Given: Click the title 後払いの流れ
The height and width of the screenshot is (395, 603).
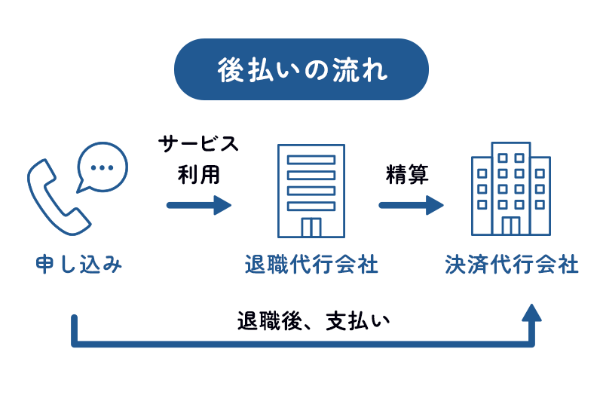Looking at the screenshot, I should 301,69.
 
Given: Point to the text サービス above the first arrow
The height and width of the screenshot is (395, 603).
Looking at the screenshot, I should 199,144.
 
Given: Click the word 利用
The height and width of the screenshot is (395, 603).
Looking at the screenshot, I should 199,175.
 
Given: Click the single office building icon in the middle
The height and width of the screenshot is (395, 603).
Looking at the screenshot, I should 311,189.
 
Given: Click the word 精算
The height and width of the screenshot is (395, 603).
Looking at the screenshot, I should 407,175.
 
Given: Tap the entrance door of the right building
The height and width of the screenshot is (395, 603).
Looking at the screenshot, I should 510,225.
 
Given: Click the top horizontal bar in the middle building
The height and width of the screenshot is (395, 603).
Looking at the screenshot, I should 311,159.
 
